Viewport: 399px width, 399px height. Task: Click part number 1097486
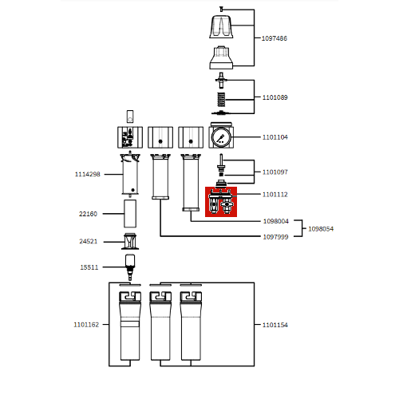[x=275, y=38]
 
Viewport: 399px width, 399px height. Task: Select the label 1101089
[x=275, y=97]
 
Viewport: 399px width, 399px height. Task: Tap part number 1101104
[x=275, y=137]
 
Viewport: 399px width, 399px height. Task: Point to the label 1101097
[x=275, y=172]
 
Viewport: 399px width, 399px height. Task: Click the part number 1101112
[x=275, y=194]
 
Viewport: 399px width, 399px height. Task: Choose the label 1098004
[x=275, y=221]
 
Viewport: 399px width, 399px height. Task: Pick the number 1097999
[x=275, y=236]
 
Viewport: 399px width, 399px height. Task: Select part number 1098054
[x=321, y=228]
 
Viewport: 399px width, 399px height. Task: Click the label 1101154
[x=275, y=325]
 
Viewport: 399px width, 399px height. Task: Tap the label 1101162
[x=86, y=325]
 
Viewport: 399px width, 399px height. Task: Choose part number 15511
[x=89, y=267]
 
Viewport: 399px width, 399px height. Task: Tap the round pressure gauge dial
[x=221, y=137]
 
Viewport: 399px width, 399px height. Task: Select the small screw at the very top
[x=220, y=7]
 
